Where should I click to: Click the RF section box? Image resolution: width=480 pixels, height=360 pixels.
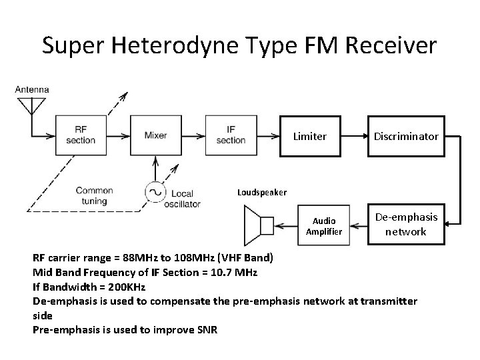(x=81, y=136)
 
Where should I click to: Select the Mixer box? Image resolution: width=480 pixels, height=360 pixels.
(x=156, y=136)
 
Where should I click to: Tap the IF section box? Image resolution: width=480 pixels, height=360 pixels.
(x=231, y=136)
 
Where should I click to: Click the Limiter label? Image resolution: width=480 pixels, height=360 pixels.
(x=310, y=137)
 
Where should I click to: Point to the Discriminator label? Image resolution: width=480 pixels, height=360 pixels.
(x=405, y=137)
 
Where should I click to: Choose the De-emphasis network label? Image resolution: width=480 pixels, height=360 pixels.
(x=406, y=225)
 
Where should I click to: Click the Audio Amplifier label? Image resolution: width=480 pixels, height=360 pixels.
(x=323, y=226)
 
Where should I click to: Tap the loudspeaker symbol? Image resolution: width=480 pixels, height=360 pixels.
(x=259, y=225)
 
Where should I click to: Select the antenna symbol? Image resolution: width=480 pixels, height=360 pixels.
(x=29, y=107)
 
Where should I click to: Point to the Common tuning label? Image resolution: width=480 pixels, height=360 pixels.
(x=95, y=195)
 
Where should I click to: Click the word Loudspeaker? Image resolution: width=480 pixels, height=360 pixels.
(x=262, y=193)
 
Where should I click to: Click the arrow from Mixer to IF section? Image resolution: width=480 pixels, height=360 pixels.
(x=194, y=136)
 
